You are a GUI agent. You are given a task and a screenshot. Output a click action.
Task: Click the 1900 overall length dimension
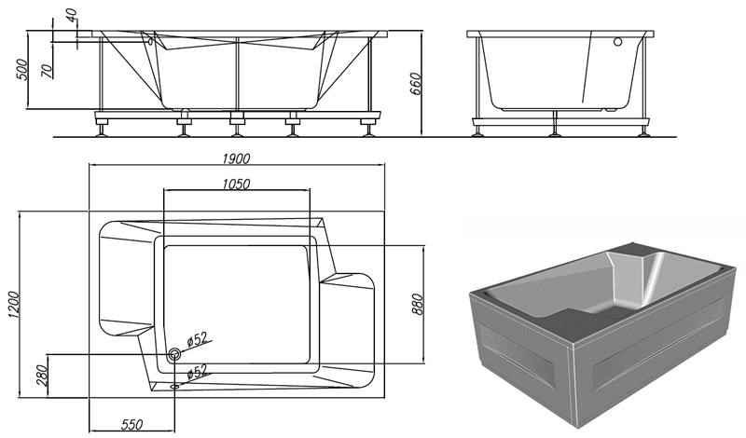pos(236,158)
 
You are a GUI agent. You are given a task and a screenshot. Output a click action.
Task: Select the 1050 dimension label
pos(236,184)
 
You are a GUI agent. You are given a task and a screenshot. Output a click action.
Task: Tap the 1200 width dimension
pos(13,305)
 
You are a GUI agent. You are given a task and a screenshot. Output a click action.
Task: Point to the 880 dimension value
pos(417,305)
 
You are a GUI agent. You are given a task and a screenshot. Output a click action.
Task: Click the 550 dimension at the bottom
pos(131,424)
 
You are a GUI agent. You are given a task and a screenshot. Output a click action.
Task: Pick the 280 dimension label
pos(41,376)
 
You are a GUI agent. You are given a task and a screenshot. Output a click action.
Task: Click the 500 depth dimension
pos(22,70)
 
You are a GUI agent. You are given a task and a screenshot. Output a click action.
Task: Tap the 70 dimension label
pos(46,72)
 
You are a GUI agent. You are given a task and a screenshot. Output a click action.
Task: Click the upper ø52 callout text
pos(197,338)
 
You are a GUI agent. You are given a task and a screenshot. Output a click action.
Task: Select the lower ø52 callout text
pos(197,371)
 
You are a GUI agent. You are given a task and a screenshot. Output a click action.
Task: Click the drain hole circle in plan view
pos(174,354)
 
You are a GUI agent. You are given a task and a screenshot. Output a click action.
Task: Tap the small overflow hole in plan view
pos(174,386)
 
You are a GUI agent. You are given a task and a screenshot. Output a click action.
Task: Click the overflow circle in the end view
pos(617,42)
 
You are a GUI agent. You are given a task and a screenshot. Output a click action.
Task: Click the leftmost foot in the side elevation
pos(102,130)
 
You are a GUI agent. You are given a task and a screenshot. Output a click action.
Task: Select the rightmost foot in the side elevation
pos(367,130)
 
